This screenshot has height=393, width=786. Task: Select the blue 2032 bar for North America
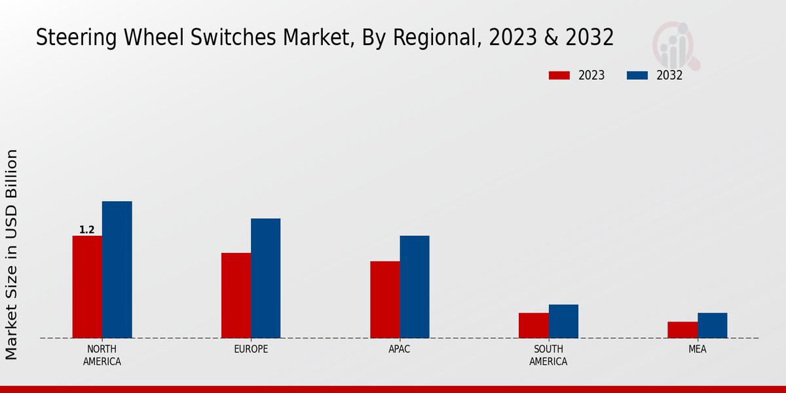[117, 269]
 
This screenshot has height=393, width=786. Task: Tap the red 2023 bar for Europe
[236, 295]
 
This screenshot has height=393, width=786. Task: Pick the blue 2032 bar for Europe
[265, 278]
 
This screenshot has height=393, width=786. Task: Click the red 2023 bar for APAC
[384, 299]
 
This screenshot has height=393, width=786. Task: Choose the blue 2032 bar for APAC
[415, 287]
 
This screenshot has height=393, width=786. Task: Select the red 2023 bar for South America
[533, 326]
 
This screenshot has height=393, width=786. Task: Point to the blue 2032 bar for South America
[563, 321]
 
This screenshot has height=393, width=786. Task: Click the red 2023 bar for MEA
[682, 329]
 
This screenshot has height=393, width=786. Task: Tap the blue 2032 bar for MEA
[712, 326]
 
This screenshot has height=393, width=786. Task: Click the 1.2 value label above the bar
[87, 230]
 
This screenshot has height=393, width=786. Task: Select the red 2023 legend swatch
[559, 75]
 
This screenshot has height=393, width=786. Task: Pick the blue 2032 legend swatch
[637, 75]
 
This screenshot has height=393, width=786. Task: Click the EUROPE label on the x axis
[251, 349]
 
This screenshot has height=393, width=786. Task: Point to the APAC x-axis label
[399, 349]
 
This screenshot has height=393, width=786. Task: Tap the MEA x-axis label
[697, 349]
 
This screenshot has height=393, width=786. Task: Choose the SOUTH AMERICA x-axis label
[548, 355]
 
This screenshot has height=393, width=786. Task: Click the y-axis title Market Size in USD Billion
[12, 254]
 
